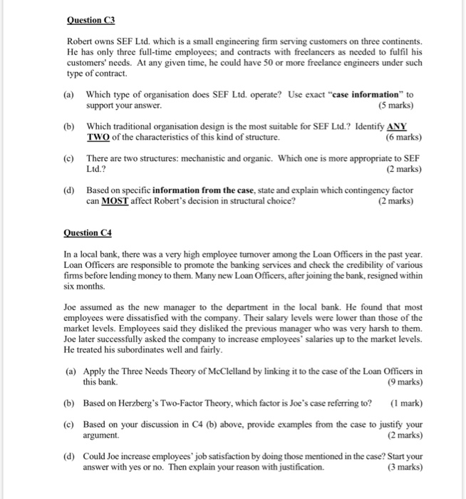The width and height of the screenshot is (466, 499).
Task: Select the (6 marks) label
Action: pyautogui.click(x=403, y=137)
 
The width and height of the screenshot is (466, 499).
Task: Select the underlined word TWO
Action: pyautogui.click(x=99, y=137)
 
